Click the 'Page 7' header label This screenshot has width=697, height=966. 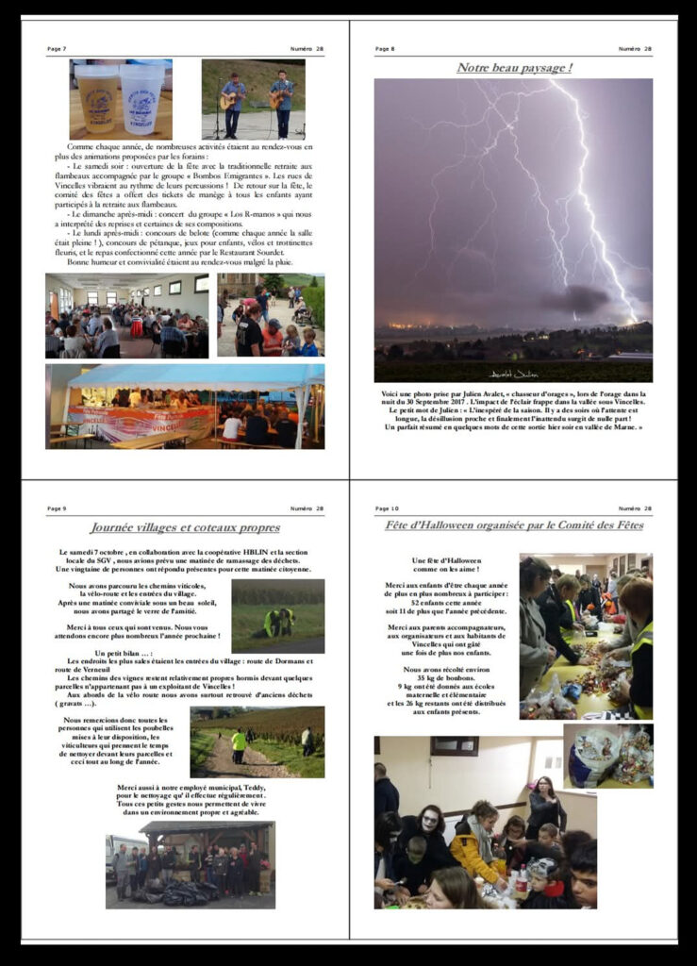(57, 49)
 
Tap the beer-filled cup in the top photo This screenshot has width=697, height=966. (99, 99)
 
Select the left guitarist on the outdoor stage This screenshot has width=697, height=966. (232, 101)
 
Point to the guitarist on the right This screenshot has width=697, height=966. (281, 101)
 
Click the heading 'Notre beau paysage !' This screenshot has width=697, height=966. (514, 68)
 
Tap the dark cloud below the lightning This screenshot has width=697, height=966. (575, 300)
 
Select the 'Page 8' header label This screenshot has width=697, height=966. (385, 49)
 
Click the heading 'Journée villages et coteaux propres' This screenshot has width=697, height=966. (185, 527)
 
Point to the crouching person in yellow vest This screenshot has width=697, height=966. (277, 621)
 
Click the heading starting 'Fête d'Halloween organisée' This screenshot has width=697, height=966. (513, 525)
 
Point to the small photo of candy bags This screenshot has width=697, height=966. (608, 755)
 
